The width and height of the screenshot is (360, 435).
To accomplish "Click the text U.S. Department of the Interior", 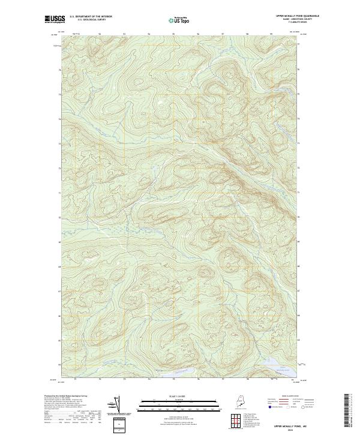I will [91, 16].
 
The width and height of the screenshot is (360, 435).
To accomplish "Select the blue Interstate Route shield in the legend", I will [268, 406].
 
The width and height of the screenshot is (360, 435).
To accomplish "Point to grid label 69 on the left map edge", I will [59, 242].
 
